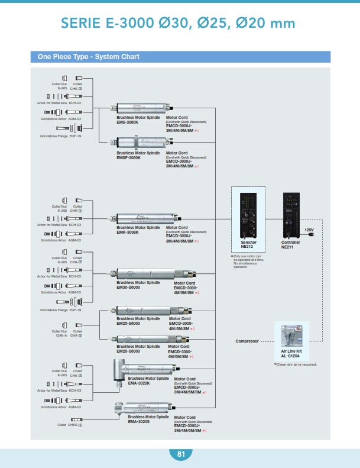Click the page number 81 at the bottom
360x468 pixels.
(180, 454)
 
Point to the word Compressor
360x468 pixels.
(247, 341)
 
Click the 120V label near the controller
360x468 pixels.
(309, 229)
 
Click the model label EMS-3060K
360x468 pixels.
(127, 122)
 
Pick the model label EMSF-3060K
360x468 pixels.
(128, 157)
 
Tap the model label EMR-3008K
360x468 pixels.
(128, 232)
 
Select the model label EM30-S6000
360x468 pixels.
(128, 288)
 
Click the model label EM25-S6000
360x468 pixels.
(128, 322)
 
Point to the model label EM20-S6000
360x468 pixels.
(128, 351)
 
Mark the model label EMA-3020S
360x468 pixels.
(140, 421)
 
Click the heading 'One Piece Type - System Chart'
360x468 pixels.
(89, 57)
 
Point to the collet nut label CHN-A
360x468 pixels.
(61, 335)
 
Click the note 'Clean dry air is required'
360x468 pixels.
(296, 364)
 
